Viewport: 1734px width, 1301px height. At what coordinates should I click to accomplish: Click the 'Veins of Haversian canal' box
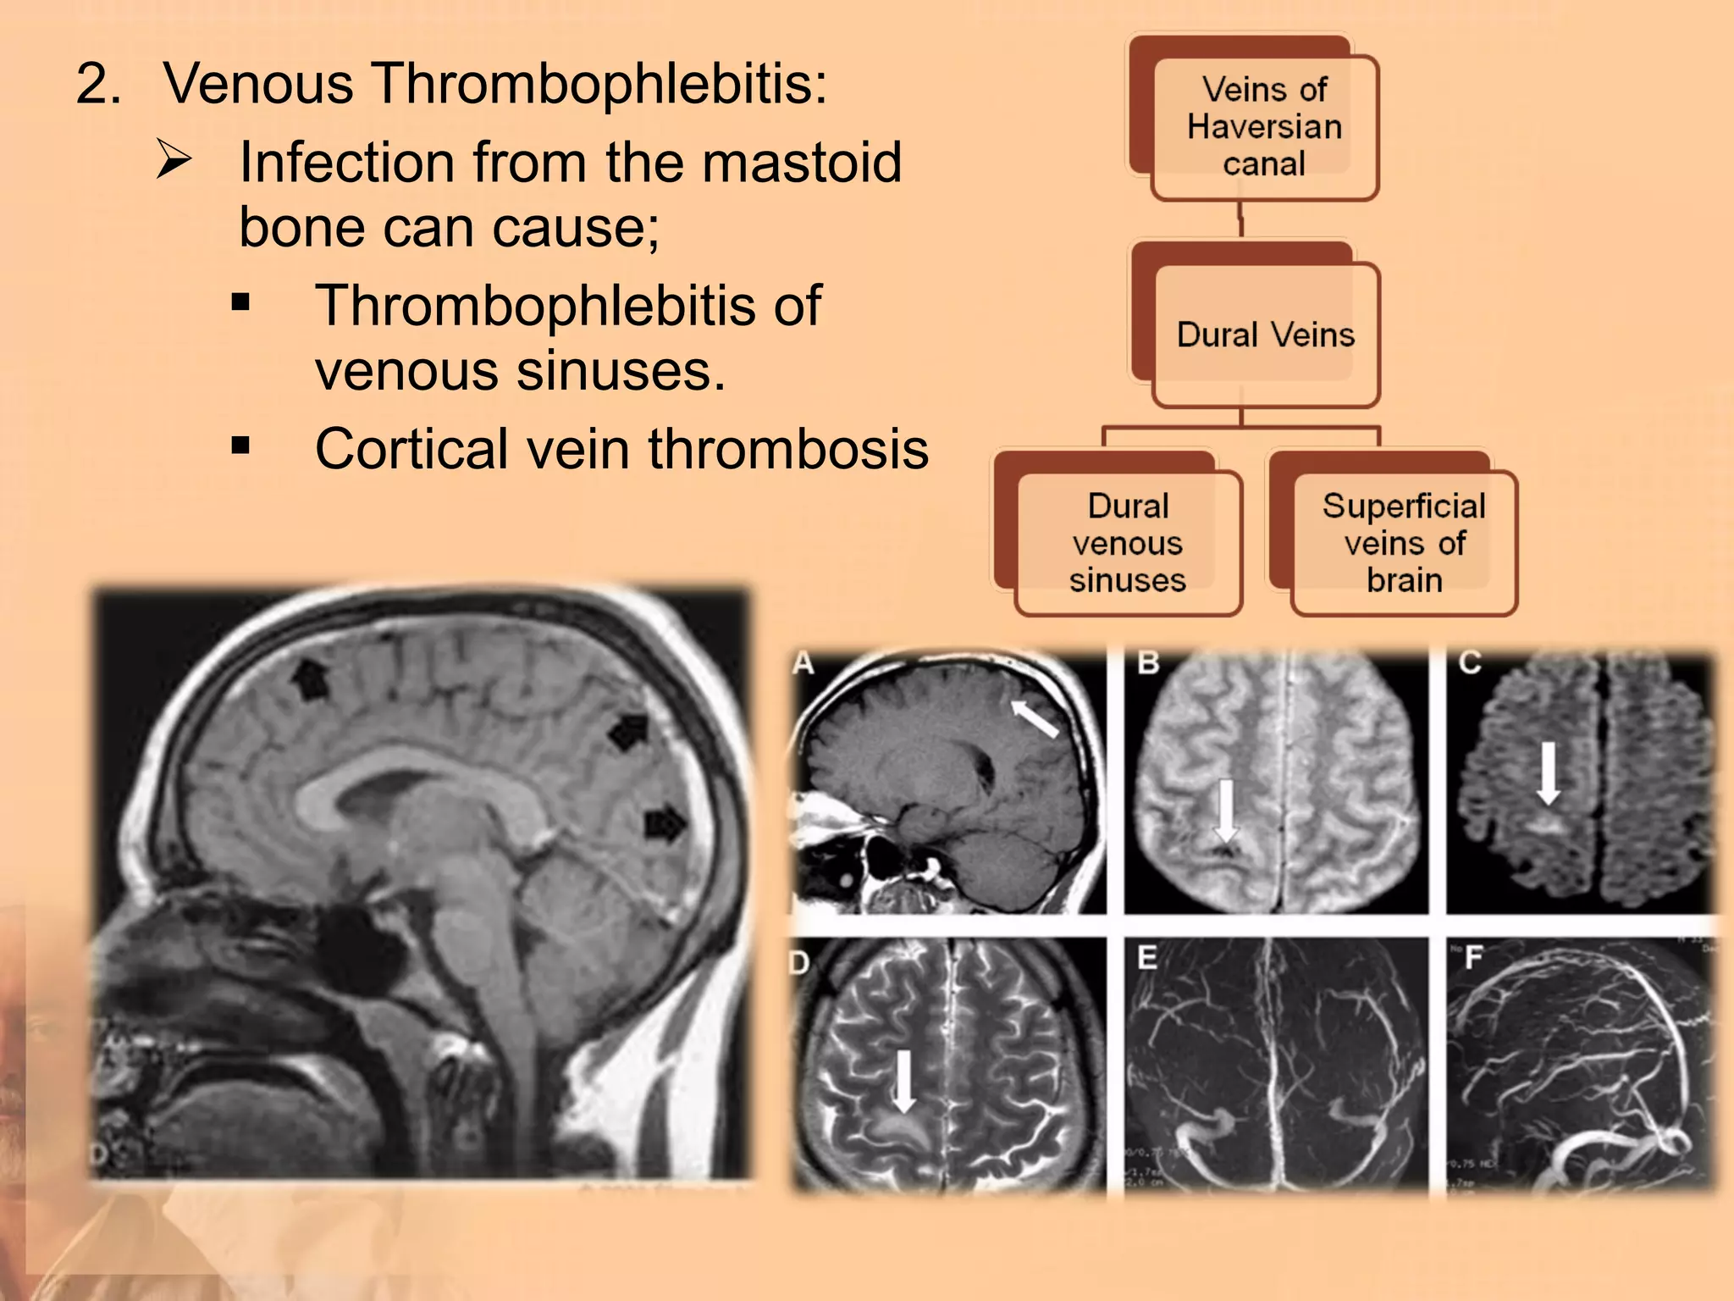click(1264, 127)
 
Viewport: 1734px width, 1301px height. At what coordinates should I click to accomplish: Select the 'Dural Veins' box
click(1265, 335)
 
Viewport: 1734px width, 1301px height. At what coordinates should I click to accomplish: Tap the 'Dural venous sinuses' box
click(1128, 543)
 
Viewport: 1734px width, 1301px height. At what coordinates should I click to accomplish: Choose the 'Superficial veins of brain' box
click(1404, 543)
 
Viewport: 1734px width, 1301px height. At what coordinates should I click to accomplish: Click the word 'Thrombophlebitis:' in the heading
click(600, 85)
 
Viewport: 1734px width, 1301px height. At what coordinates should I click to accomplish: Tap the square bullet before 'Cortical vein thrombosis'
click(240, 446)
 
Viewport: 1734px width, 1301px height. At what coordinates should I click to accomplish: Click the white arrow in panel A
click(1035, 718)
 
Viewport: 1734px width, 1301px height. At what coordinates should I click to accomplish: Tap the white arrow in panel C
click(1549, 772)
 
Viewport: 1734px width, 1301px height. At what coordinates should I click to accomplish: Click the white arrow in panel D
click(904, 1080)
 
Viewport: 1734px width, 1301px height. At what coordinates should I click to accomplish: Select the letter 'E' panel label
click(1147, 958)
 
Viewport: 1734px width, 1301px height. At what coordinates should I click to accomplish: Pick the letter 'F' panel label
click(1473, 958)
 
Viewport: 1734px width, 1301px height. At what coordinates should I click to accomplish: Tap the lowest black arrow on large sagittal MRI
click(665, 823)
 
